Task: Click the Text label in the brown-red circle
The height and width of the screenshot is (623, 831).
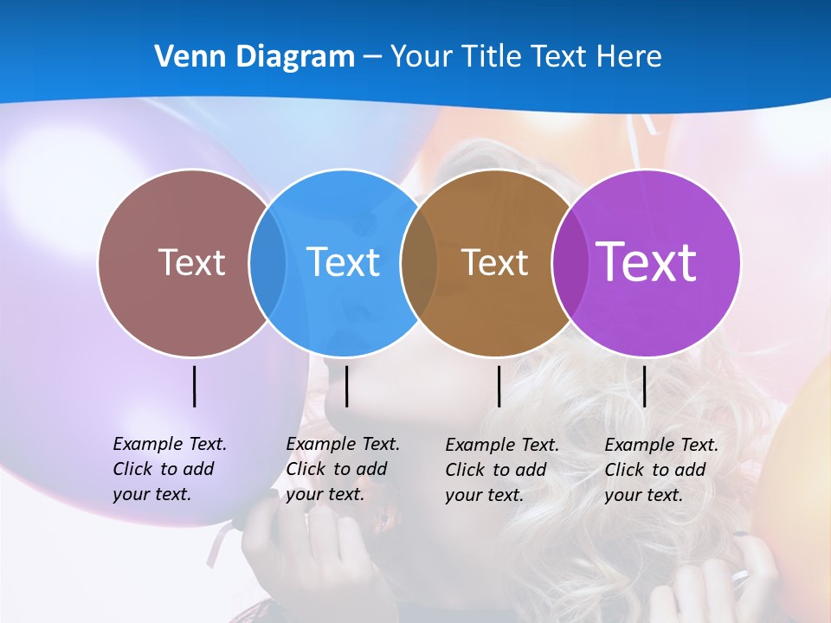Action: [x=191, y=262]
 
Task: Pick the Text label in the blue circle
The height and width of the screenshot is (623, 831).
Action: [x=343, y=262]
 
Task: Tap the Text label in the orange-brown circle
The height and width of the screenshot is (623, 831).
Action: [x=494, y=262]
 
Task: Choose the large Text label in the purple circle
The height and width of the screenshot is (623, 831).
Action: [x=646, y=262]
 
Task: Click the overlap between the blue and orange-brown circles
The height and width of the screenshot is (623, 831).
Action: [x=419, y=262]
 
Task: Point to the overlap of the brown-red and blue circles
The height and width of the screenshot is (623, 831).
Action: [x=267, y=262]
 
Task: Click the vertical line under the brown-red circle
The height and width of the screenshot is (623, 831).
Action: [x=195, y=386]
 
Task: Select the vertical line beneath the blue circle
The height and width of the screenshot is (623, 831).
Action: [x=346, y=386]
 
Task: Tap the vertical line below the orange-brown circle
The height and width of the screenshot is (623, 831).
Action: [x=499, y=386]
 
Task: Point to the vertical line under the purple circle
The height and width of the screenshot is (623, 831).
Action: [x=645, y=386]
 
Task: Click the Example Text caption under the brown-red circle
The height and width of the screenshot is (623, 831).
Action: [x=170, y=469]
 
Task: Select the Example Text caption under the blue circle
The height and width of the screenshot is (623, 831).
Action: [x=343, y=469]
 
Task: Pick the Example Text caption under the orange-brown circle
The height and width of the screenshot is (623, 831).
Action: [x=502, y=470]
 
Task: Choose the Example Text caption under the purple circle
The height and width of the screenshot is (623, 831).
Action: [x=661, y=470]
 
